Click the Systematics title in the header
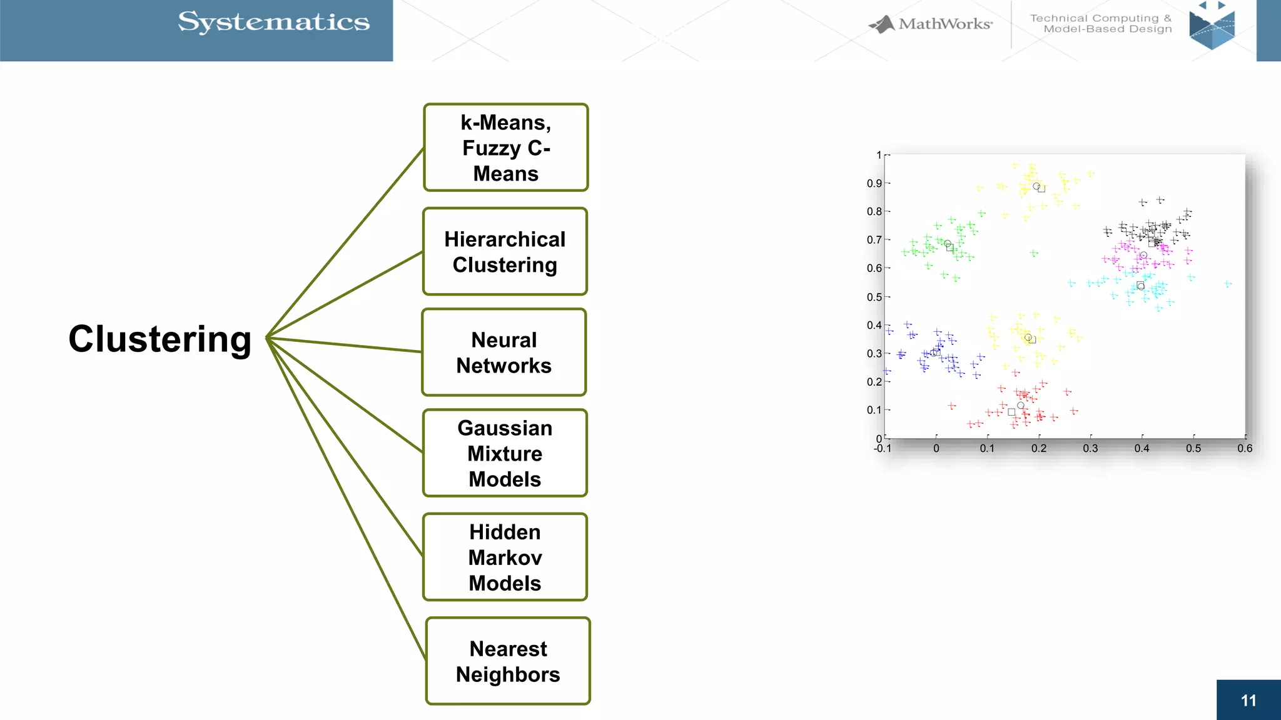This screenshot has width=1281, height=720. point(274,22)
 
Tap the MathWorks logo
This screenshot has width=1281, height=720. point(931,24)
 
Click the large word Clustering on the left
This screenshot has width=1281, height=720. point(160,339)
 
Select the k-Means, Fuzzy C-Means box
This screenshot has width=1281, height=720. point(506,147)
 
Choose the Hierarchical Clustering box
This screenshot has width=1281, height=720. point(505,252)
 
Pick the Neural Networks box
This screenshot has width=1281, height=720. point(504,352)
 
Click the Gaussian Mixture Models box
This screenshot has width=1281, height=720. point(505,453)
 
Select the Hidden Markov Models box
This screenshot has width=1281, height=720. point(505,557)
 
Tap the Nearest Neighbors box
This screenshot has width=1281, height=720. point(508,661)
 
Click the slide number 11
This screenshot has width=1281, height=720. point(1248,701)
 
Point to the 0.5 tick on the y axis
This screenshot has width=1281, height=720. point(874,297)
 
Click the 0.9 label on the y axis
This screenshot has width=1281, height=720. point(874,183)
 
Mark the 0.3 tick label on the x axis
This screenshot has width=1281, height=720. point(1090,448)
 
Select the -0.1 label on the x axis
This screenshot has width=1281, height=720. point(883,448)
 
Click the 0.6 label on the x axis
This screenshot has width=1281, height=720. point(1245,448)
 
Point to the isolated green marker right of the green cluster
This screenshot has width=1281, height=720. point(1034,253)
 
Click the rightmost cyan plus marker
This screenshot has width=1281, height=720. point(1228,284)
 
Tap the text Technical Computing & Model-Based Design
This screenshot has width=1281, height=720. point(1101,24)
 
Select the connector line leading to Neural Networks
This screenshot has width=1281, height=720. point(344,345)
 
